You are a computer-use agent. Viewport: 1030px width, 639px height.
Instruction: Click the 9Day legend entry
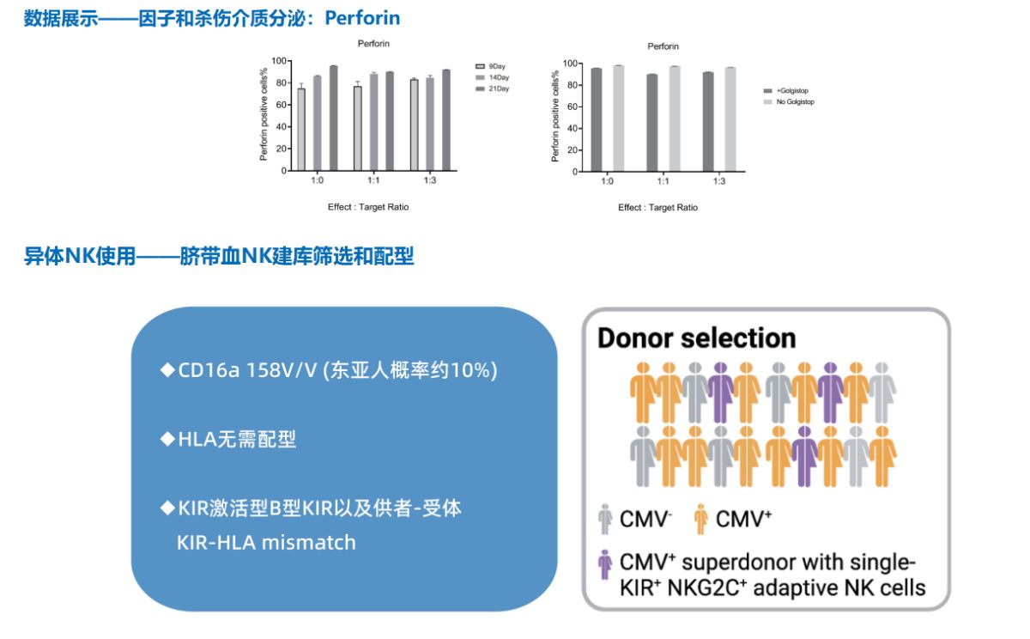[490, 66]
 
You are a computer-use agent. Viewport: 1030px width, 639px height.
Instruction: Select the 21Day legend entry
[493, 88]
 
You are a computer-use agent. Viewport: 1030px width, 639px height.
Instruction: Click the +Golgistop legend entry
[785, 91]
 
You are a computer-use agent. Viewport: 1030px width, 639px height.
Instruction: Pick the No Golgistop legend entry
[789, 101]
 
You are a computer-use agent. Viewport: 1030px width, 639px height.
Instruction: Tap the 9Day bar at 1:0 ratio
[301, 130]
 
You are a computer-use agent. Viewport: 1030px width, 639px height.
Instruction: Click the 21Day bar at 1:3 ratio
[446, 120]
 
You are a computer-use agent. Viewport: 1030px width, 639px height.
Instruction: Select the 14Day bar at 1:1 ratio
[374, 122]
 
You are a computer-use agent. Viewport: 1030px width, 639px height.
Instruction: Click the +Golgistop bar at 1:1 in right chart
[652, 123]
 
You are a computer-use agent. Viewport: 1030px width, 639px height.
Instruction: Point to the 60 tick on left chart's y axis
[281, 105]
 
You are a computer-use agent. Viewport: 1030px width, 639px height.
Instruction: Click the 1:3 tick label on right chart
[719, 181]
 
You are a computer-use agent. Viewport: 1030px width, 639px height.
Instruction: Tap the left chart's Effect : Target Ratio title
[368, 207]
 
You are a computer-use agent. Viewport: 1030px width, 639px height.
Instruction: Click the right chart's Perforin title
[663, 46]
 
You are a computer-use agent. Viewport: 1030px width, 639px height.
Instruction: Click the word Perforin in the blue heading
[362, 18]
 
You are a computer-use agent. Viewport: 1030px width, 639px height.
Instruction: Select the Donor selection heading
[696, 338]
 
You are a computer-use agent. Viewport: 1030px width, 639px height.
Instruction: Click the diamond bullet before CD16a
[167, 369]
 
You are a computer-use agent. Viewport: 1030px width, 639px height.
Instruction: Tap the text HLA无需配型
[237, 439]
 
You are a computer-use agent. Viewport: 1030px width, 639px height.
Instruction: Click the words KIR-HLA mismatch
[266, 543]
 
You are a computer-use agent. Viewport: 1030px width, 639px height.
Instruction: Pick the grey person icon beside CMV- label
[605, 520]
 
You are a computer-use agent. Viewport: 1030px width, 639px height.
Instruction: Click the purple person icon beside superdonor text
[605, 564]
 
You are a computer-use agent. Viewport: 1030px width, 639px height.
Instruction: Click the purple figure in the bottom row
[804, 456]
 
